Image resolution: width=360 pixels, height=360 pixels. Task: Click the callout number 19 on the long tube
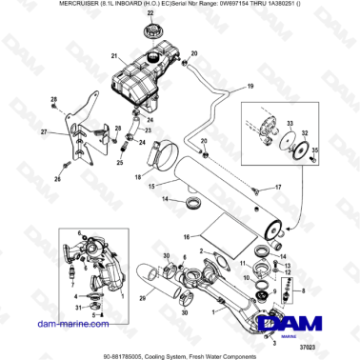(x=250, y=87)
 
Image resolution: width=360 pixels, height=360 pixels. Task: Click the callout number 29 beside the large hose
(x=143, y=299)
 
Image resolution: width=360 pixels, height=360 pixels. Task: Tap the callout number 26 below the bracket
(x=57, y=178)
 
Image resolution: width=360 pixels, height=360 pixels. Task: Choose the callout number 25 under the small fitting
(x=120, y=163)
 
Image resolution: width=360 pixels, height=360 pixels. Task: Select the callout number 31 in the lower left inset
(x=79, y=307)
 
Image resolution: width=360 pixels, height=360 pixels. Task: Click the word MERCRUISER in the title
(x=30, y=7)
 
